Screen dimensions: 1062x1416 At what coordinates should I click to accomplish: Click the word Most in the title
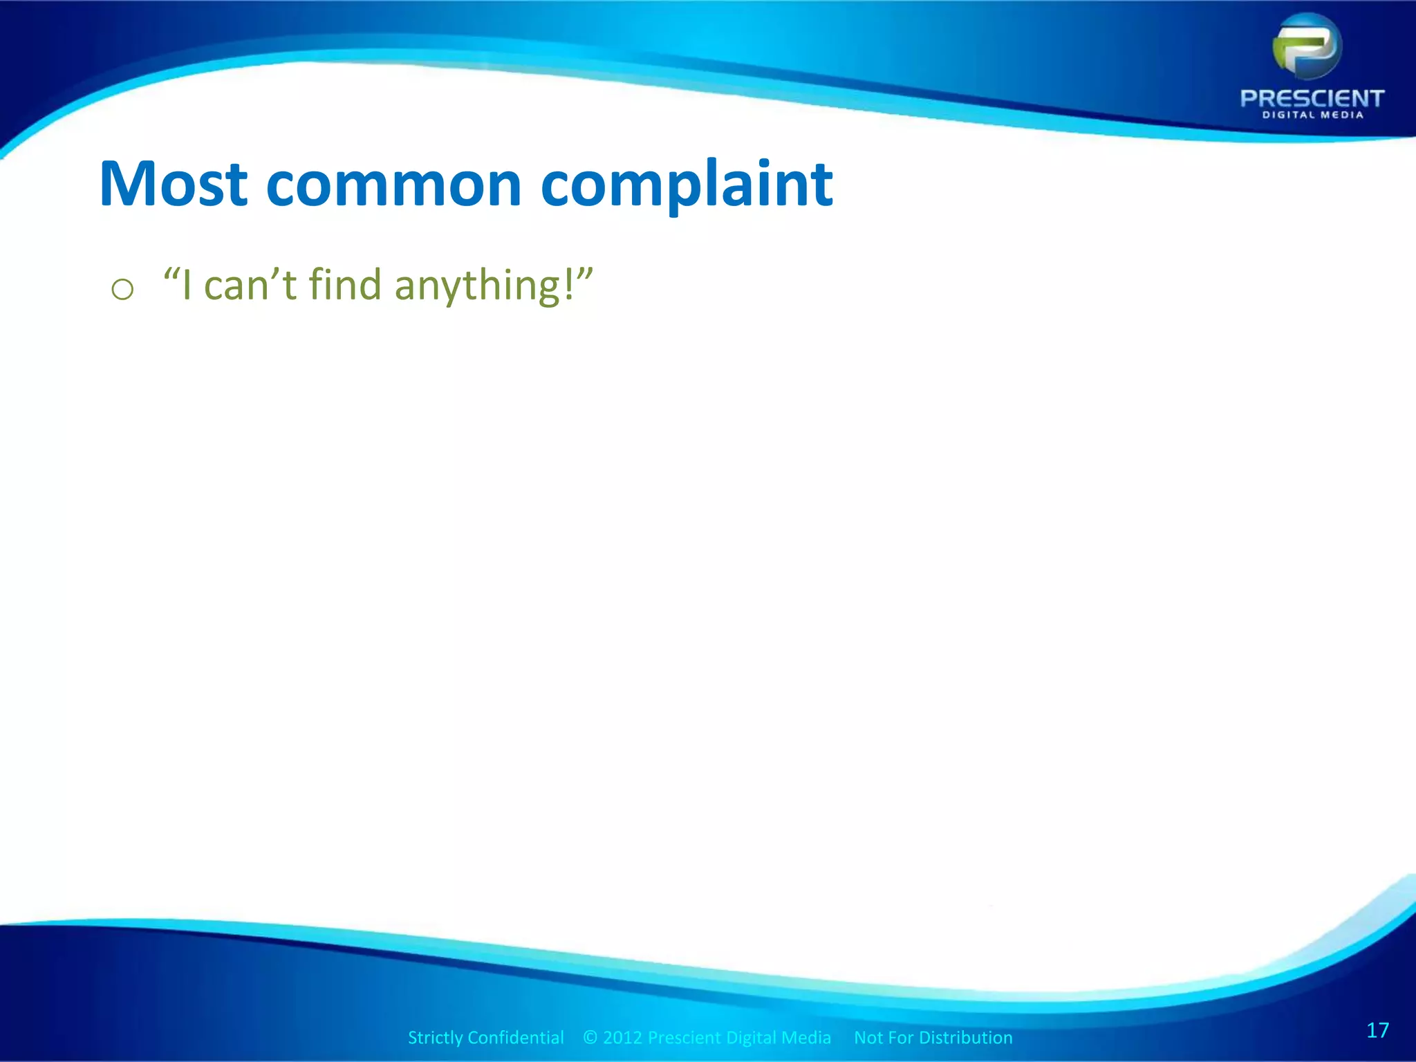coord(174,184)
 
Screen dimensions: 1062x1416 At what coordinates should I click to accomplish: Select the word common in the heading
coord(393,185)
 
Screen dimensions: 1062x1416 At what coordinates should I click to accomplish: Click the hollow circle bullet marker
coord(122,289)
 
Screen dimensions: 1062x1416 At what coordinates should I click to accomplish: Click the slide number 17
coord(1377,1031)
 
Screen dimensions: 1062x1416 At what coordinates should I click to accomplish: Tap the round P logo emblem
coord(1307,47)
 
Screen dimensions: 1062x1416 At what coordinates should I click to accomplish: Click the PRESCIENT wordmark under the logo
coord(1312,99)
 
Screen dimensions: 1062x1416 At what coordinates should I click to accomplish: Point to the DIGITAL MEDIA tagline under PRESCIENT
coord(1312,115)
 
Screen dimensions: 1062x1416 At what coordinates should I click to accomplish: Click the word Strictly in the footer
coord(435,1038)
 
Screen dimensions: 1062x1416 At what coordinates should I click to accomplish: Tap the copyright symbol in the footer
coord(590,1038)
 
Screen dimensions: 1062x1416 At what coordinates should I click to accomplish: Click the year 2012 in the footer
coord(623,1038)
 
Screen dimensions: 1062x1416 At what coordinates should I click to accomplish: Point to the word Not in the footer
coord(868,1038)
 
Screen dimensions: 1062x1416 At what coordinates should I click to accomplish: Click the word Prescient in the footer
coord(684,1038)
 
